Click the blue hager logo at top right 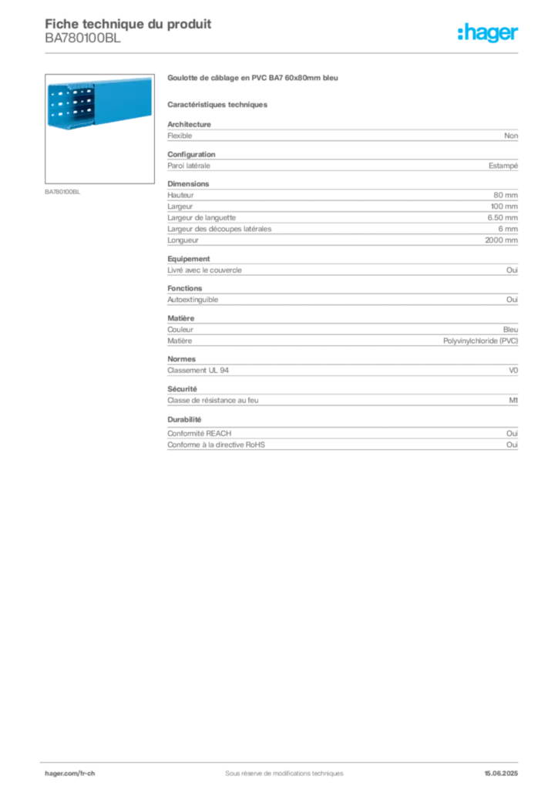click(489, 33)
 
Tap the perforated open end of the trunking click(70, 105)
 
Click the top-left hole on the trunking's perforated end click(53, 93)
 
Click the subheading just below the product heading click(219, 104)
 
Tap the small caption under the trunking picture click(64, 192)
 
